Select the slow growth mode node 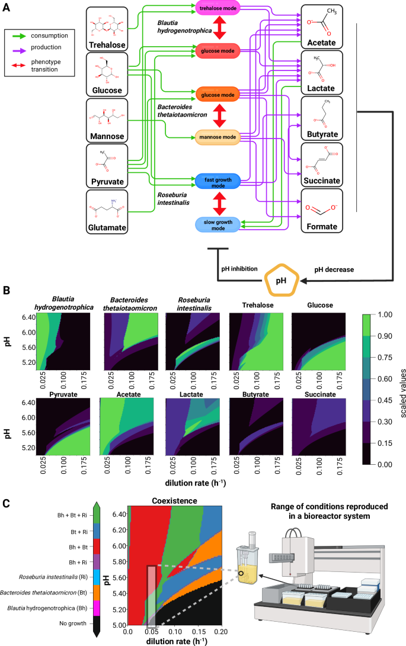218,224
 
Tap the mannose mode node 218,137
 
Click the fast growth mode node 218,181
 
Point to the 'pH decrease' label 335,268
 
